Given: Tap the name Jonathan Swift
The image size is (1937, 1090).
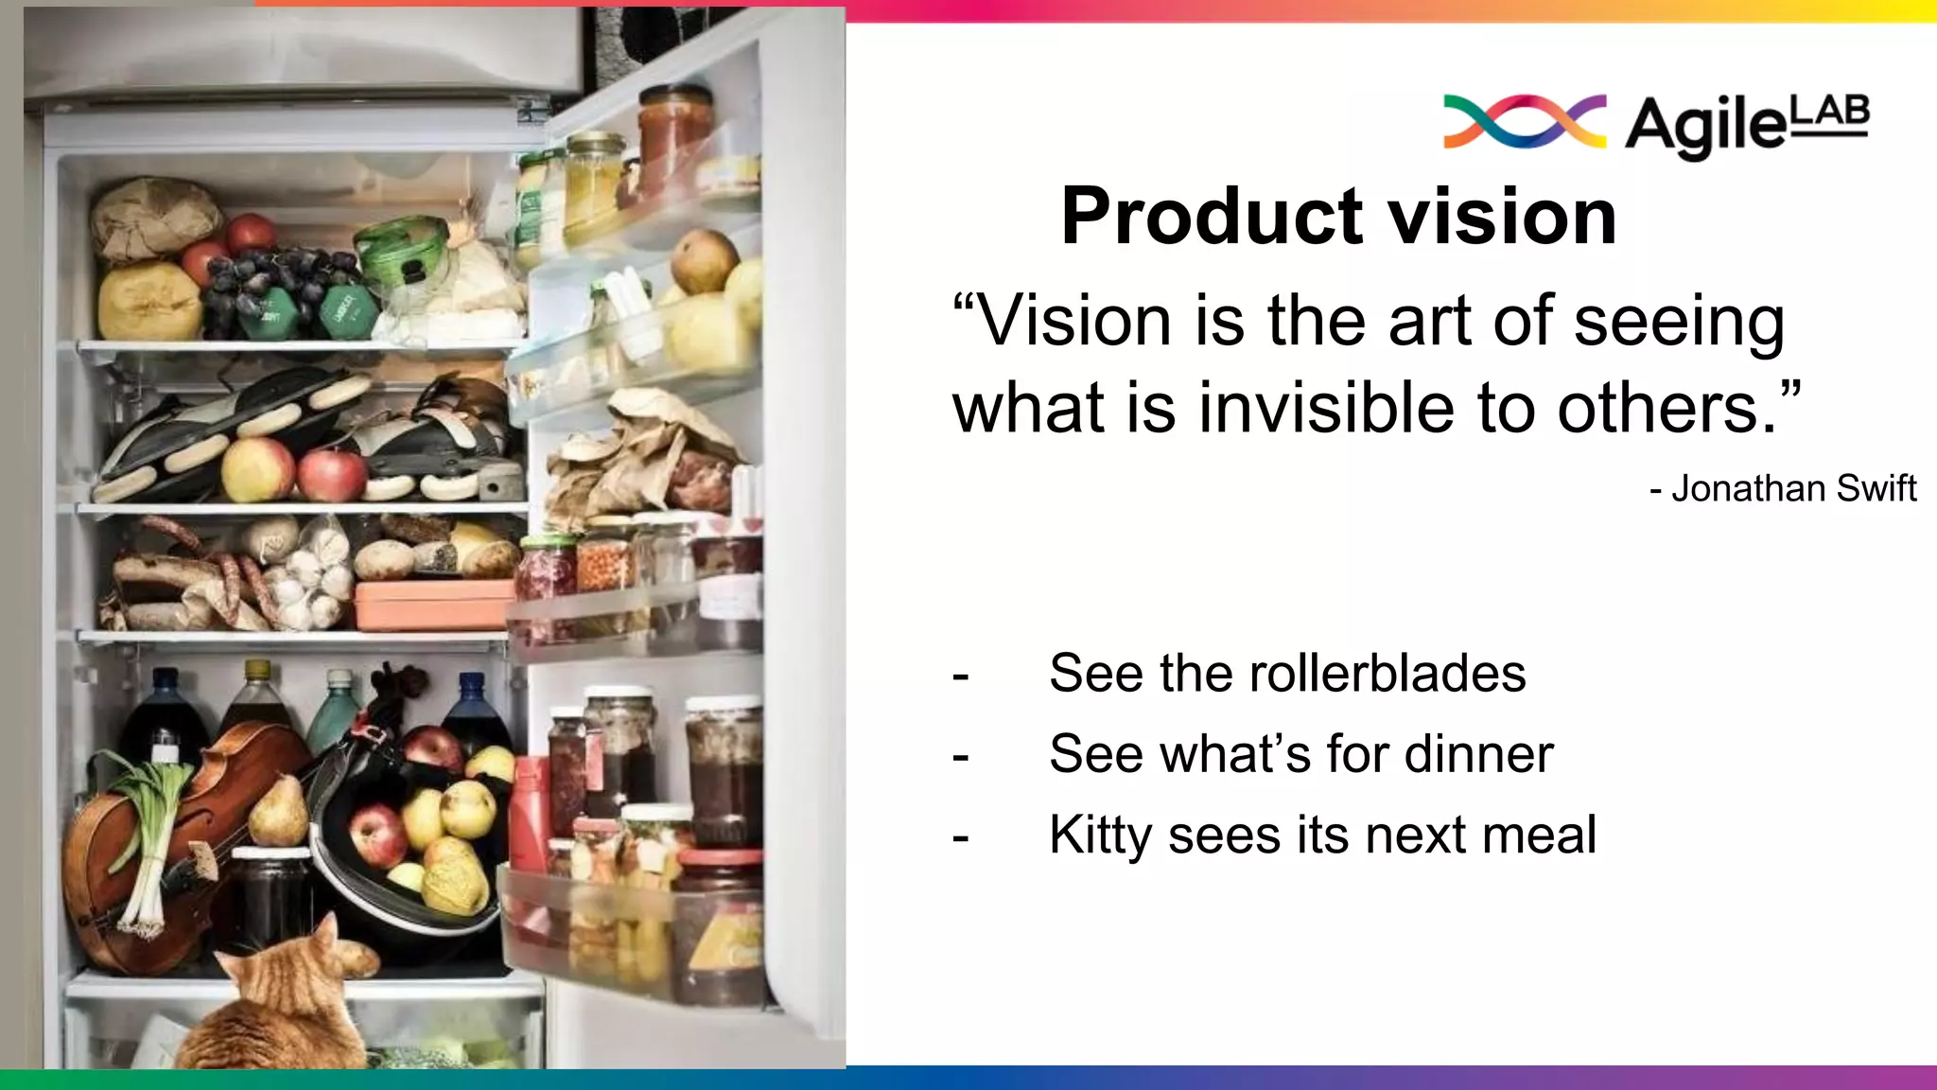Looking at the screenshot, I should [1793, 489].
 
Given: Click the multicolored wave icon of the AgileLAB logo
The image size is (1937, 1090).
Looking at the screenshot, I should [1524, 122].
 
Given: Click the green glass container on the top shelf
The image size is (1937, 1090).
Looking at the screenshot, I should [403, 251].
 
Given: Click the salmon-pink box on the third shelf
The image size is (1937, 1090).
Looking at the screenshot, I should [435, 606].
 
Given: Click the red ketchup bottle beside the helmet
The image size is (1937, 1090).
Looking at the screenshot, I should [530, 814].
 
